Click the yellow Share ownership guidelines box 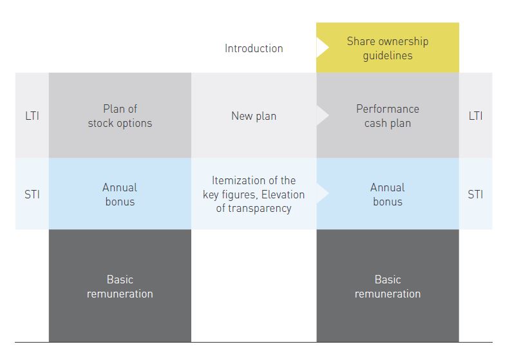click(x=388, y=48)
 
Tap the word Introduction click(x=254, y=48)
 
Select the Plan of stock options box click(x=120, y=115)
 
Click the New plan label click(x=254, y=116)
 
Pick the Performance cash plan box click(x=388, y=115)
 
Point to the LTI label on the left click(x=32, y=116)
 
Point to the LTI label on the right click(x=475, y=116)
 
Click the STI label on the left click(x=32, y=194)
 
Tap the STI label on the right click(x=475, y=194)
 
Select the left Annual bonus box click(x=120, y=194)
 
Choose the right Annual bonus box click(x=388, y=194)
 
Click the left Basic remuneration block click(x=120, y=285)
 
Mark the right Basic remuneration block click(x=388, y=285)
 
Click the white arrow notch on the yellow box click(x=321, y=48)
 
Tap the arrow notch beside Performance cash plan click(x=321, y=115)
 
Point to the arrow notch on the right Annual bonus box click(x=321, y=193)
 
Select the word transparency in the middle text click(x=260, y=208)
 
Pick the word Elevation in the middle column click(x=283, y=194)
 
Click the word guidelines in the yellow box click(x=388, y=55)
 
